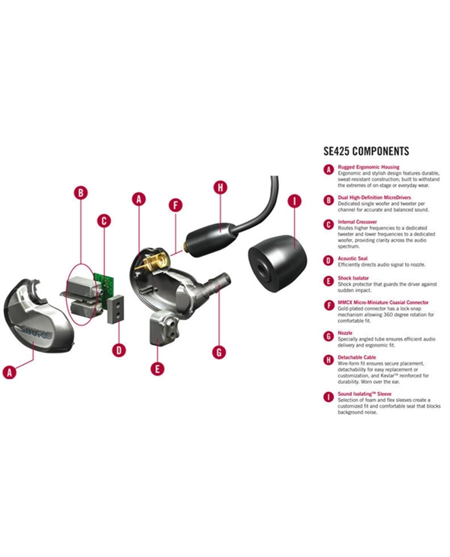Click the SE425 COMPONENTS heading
pyautogui.click(x=366, y=151)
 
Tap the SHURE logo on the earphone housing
pyautogui.click(x=36, y=332)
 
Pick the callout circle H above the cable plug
pyautogui.click(x=220, y=188)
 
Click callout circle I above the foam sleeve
pyautogui.click(x=294, y=201)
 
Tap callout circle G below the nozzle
pyautogui.click(x=219, y=352)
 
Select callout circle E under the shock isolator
pyautogui.click(x=157, y=369)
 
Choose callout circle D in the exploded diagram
pyautogui.click(x=119, y=350)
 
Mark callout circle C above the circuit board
pyautogui.click(x=104, y=221)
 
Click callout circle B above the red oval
pyautogui.click(x=81, y=192)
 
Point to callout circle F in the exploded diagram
pyautogui.click(x=176, y=205)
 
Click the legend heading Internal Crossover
pyautogui.click(x=357, y=222)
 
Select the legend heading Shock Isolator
pyautogui.click(x=353, y=278)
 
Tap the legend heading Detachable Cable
pyautogui.click(x=357, y=357)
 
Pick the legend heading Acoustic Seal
pyautogui.click(x=353, y=258)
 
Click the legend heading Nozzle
pyautogui.click(x=345, y=333)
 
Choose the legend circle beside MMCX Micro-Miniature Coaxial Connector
pyautogui.click(x=329, y=305)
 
